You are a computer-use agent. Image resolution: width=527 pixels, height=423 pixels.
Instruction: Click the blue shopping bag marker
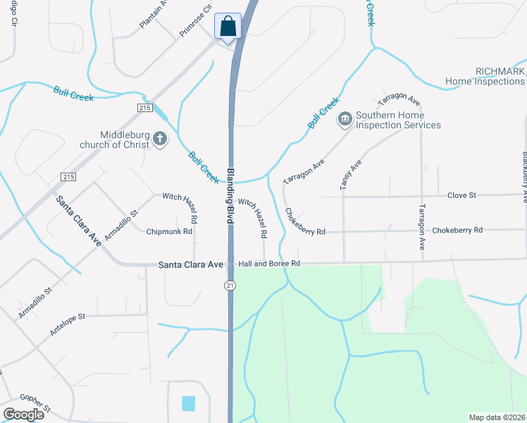point(228,27)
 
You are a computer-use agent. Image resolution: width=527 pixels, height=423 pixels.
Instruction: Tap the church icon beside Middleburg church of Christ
point(160,139)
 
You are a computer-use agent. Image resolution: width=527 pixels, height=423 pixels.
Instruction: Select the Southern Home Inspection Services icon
point(345,119)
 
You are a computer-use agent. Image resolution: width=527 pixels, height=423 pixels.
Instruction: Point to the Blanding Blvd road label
point(230,195)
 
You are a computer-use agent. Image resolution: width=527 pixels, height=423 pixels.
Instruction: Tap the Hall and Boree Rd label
point(269,264)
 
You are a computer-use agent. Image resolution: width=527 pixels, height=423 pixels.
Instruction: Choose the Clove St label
point(462,195)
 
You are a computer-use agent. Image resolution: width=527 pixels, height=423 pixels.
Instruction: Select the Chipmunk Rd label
point(169,231)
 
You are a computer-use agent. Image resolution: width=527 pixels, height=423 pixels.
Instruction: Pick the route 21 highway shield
point(230,286)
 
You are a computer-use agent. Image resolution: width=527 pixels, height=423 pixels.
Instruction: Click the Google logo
point(25,414)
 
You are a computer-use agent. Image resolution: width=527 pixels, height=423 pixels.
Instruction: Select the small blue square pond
point(188,403)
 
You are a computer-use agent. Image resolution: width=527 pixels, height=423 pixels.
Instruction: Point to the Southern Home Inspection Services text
point(398,120)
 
